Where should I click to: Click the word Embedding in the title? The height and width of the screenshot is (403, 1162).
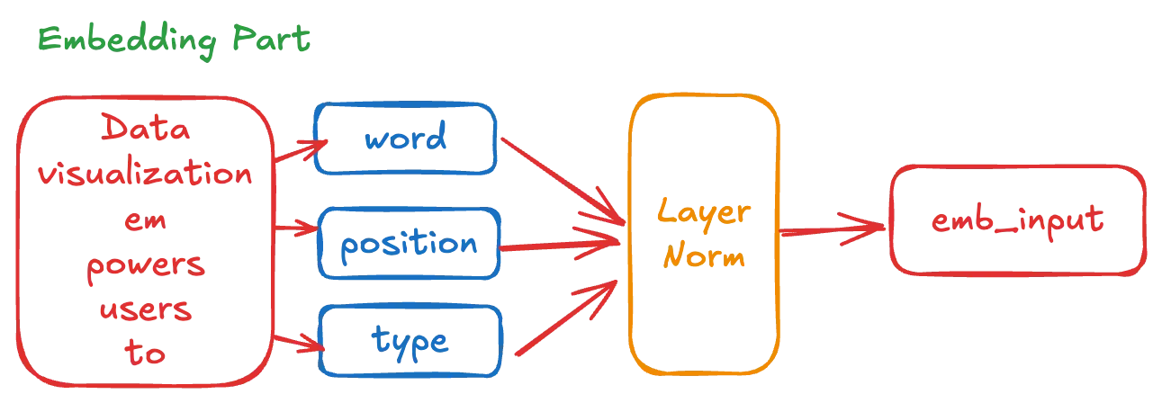click(x=125, y=40)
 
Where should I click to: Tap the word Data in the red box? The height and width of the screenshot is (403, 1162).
click(x=145, y=132)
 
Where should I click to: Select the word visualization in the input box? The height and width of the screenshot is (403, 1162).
click(x=145, y=175)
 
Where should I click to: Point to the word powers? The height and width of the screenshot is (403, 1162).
click(x=145, y=267)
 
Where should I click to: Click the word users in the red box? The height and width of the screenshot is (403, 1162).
click(x=145, y=311)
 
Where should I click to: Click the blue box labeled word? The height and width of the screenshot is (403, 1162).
click(x=406, y=139)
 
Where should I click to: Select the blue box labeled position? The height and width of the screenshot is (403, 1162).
click(x=408, y=244)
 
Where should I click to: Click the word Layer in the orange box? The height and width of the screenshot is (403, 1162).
click(x=703, y=212)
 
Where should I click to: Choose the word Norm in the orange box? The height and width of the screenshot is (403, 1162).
click(x=703, y=258)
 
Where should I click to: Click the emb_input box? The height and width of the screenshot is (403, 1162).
click(x=1018, y=221)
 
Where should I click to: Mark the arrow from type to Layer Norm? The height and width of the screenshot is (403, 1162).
click(x=567, y=316)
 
